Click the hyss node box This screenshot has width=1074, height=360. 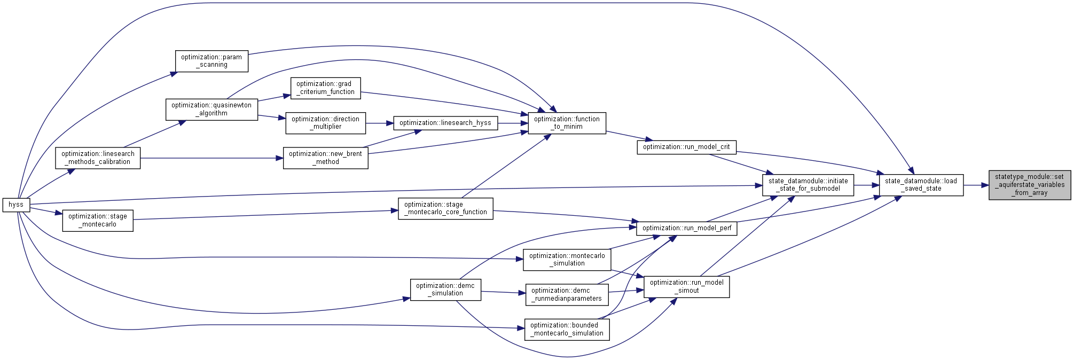16,205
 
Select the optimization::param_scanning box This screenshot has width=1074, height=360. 211,61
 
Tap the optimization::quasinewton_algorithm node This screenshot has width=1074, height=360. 211,109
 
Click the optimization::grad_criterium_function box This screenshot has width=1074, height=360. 325,88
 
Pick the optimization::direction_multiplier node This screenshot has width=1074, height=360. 325,123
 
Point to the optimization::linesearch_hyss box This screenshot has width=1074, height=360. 445,123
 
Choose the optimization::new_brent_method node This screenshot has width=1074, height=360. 325,158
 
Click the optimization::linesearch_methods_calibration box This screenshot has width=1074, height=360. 98,158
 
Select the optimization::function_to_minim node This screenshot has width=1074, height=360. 567,123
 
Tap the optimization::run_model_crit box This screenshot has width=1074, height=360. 686,147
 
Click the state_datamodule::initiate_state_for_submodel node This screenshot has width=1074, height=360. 808,185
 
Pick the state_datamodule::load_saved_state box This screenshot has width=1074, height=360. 921,185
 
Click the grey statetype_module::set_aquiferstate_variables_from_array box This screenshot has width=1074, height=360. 1029,185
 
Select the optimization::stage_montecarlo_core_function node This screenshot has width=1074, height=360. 445,208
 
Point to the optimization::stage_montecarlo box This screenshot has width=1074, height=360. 98,221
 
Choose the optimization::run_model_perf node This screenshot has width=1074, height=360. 686,228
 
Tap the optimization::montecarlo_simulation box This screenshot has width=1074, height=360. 567,260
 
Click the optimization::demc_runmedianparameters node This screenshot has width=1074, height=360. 567,295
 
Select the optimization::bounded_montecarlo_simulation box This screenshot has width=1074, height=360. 567,329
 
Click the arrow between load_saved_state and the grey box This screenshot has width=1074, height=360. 976,185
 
